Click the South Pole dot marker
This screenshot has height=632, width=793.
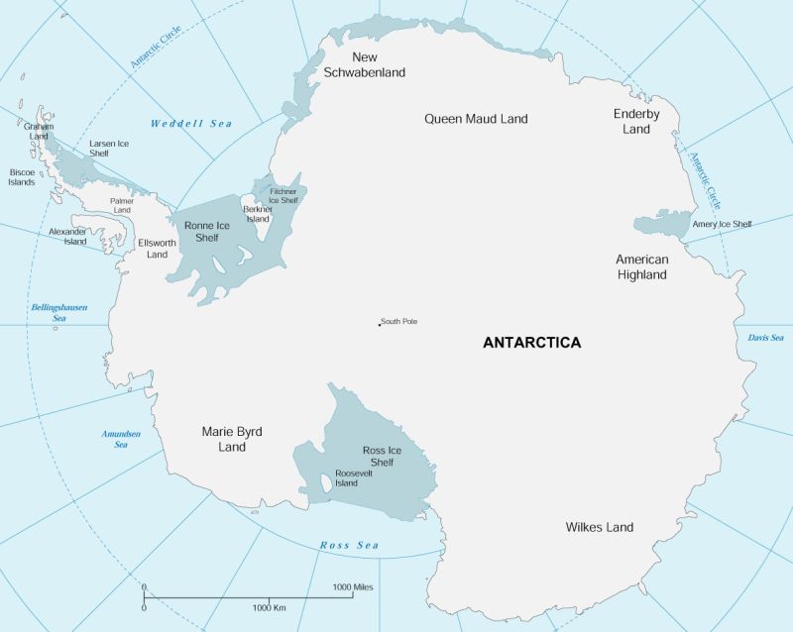pyautogui.click(x=379, y=324)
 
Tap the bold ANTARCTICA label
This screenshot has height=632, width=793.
pyautogui.click(x=531, y=343)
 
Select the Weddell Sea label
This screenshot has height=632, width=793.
pyautogui.click(x=190, y=124)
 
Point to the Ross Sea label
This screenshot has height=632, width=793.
pyautogui.click(x=349, y=546)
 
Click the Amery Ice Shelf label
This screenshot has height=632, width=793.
pyautogui.click(x=723, y=224)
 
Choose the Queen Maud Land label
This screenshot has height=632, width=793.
pyautogui.click(x=476, y=119)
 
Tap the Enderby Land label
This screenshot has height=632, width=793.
pyautogui.click(x=636, y=121)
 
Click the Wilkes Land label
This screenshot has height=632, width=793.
pyautogui.click(x=599, y=527)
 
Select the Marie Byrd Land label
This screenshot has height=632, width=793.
pyautogui.click(x=232, y=439)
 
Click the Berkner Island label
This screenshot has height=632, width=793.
pyautogui.click(x=257, y=214)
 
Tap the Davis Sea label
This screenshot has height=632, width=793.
pyautogui.click(x=765, y=338)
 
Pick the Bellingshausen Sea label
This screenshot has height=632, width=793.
pyautogui.click(x=59, y=313)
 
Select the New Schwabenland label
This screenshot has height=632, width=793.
pyautogui.click(x=365, y=64)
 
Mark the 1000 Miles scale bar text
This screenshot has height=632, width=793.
pyautogui.click(x=355, y=587)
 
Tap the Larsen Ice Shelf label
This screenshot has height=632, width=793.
pyautogui.click(x=109, y=149)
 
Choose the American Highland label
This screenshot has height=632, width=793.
pyautogui.click(x=642, y=266)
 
